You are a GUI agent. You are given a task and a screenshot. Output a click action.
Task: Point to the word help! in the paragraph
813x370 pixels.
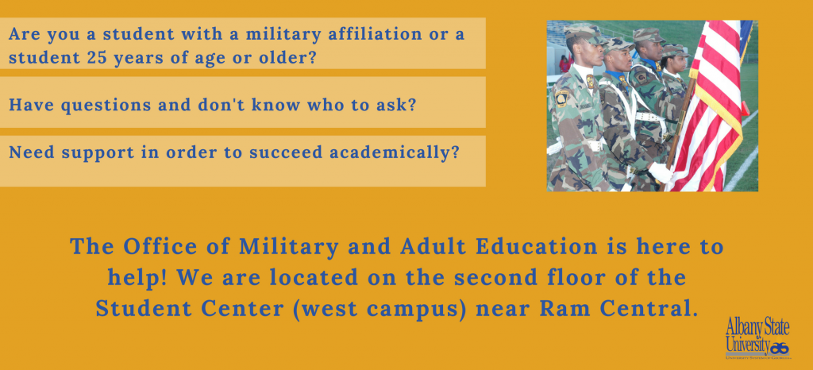137,278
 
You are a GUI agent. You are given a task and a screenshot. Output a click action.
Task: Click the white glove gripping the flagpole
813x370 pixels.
661,172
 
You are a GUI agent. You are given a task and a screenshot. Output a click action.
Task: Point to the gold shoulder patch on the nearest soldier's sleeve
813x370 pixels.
561,98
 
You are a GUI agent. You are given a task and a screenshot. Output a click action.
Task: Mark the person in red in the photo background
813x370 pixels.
564,64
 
